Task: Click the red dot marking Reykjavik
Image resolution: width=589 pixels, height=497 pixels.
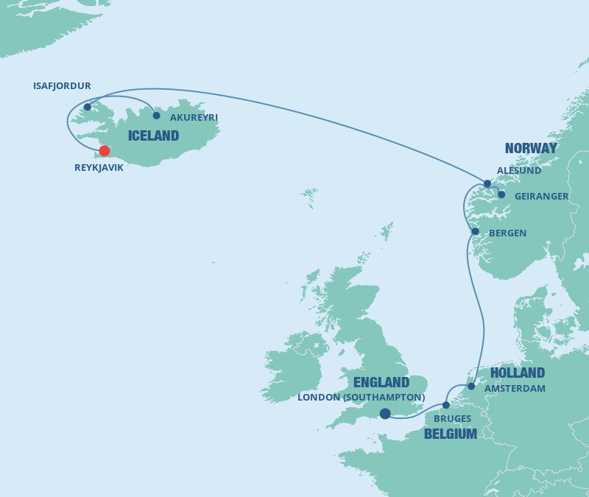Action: click(x=105, y=151)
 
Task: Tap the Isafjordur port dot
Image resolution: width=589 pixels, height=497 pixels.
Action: click(x=88, y=107)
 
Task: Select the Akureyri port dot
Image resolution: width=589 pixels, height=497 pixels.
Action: click(x=156, y=116)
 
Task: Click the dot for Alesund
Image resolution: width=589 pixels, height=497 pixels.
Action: click(x=487, y=183)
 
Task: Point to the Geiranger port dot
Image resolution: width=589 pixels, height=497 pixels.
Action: click(x=501, y=195)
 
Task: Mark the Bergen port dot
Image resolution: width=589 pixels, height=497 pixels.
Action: click(x=475, y=232)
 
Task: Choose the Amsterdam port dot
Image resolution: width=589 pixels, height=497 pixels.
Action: click(x=471, y=386)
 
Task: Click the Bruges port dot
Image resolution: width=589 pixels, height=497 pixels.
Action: click(x=446, y=405)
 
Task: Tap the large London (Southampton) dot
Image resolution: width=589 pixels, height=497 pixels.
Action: click(x=385, y=414)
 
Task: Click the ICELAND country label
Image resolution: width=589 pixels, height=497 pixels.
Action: click(x=153, y=135)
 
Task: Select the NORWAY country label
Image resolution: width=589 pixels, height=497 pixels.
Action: click(x=531, y=149)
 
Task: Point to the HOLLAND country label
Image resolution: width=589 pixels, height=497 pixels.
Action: click(x=518, y=373)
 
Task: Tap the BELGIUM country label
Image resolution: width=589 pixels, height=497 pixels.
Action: click(x=451, y=434)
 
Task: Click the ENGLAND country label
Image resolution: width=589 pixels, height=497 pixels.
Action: click(x=381, y=382)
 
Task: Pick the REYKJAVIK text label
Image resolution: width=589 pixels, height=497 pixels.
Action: click(x=99, y=168)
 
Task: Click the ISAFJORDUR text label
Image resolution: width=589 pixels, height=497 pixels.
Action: click(x=62, y=86)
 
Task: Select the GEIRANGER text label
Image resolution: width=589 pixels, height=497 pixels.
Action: click(x=542, y=196)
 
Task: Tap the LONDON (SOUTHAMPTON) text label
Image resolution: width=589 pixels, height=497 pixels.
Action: click(x=361, y=398)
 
